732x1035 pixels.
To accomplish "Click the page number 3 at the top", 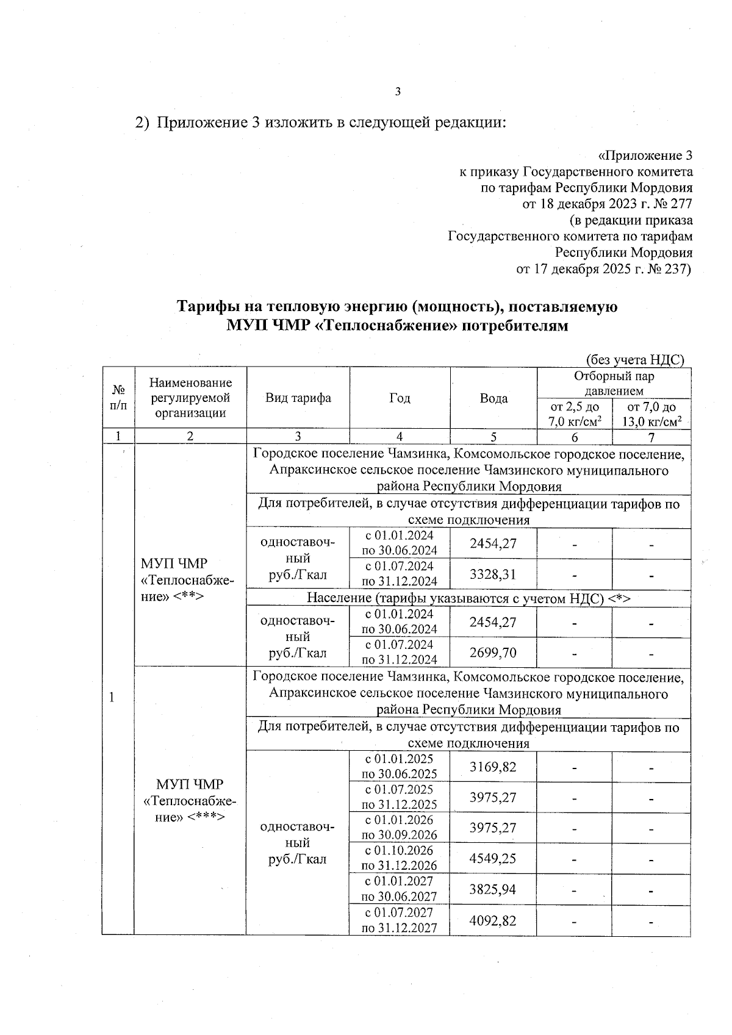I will (398, 92).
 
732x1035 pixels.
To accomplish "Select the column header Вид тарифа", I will (298, 398).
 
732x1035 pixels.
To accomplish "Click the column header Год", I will (400, 398).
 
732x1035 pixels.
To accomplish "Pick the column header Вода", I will (493, 398).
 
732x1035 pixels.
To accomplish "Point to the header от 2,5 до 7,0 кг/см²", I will (574, 414).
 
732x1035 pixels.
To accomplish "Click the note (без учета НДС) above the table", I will (635, 360).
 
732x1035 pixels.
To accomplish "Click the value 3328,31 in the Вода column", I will (493, 574).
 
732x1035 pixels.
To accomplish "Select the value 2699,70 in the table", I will (493, 653).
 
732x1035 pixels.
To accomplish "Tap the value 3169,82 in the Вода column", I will (493, 767).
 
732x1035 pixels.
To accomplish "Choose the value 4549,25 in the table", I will (493, 858).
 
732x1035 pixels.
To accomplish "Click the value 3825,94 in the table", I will (493, 889).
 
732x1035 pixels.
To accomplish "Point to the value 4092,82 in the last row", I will (493, 920).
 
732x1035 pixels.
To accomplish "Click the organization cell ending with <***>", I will (190, 800).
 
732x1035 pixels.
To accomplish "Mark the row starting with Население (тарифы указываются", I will (468, 598).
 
